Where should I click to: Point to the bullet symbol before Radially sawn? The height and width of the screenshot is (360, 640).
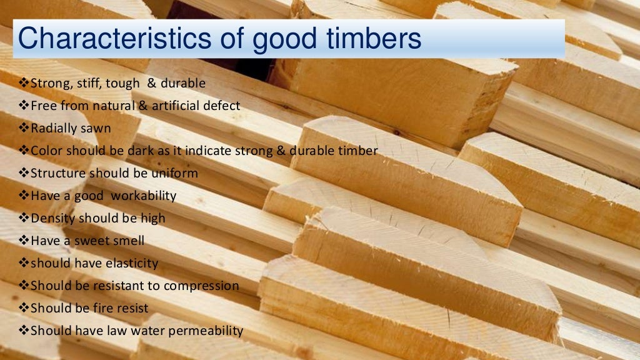24,128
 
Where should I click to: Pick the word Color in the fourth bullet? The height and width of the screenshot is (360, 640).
44,151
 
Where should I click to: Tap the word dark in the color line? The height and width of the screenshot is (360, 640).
139,151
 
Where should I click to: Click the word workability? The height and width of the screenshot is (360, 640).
144,196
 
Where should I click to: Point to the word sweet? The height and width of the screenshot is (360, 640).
93,241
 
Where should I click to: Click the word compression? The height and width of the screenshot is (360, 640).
201,286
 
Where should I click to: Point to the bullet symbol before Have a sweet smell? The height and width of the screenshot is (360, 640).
24,241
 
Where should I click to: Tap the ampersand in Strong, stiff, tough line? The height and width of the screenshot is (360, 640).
151,83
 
